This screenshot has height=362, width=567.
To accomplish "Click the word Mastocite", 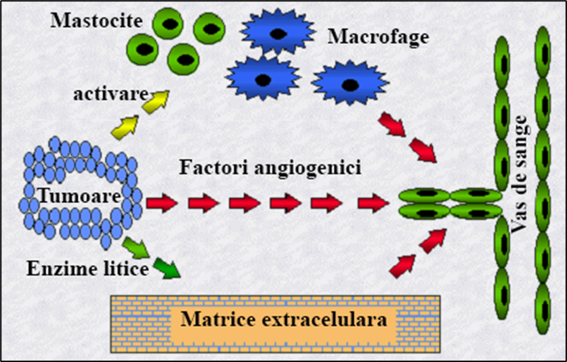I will pos(96,20).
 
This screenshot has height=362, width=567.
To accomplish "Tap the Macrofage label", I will pos(378,37).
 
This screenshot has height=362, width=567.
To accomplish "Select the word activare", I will pos(110,93).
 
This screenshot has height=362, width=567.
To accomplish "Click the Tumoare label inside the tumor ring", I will pos(79,197).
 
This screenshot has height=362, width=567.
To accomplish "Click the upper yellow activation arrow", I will pos(156,99).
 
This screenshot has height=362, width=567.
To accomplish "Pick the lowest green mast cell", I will pos(184,60).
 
